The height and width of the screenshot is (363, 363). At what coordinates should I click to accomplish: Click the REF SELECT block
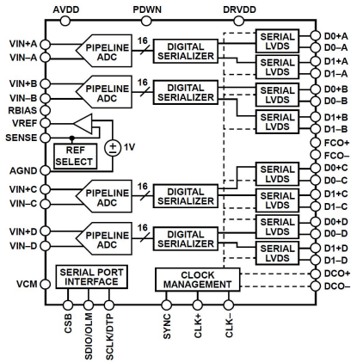coord(76,156)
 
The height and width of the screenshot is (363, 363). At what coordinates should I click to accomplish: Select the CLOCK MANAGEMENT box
coord(198,280)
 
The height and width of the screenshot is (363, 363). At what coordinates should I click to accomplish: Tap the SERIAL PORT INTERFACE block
coord(91,277)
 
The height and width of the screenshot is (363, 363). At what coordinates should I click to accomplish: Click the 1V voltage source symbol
coord(113,148)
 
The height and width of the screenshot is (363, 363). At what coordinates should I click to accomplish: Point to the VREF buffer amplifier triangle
coord(83,124)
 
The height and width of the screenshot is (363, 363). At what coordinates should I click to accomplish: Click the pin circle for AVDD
coord(65,21)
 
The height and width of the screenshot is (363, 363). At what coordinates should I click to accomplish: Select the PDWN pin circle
coord(146,21)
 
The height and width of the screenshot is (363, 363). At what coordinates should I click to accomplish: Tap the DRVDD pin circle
coord(239,21)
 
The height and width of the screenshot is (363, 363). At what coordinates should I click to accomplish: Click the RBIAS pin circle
coord(45,110)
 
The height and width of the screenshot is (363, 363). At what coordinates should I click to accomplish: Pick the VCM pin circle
coord(45,284)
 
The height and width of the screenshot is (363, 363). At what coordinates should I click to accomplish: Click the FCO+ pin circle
coord(316,143)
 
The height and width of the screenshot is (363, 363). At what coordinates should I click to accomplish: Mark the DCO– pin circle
coord(316,286)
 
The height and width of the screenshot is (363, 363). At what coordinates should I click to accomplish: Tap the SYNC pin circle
coord(166,305)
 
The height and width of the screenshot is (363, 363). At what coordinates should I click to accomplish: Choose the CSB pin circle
coord(68,305)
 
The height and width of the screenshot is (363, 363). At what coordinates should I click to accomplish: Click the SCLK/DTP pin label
coord(109,336)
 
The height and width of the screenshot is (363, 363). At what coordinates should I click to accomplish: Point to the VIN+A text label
coord(23,44)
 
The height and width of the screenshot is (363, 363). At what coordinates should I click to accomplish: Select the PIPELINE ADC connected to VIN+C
coord(104,196)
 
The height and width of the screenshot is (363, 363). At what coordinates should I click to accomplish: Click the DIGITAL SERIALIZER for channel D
coord(186,239)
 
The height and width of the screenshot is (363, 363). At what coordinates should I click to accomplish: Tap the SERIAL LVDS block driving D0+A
coord(277,41)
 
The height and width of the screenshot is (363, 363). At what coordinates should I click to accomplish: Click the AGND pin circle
coord(45,170)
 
